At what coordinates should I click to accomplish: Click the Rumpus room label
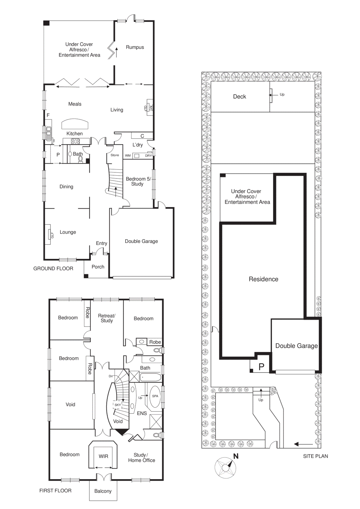coord(135,47)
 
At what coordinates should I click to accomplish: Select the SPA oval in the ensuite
coord(155,396)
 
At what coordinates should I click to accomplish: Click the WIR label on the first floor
coord(103,456)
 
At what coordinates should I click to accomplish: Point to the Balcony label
coord(103,491)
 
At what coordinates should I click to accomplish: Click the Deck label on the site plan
coord(239,97)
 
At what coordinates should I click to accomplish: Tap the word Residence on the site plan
coord(263,279)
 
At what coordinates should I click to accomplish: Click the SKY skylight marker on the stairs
coord(118,405)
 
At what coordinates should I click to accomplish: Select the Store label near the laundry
coord(115,155)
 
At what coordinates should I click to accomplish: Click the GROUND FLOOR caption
coord(53,268)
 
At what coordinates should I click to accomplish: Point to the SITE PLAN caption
coord(315,456)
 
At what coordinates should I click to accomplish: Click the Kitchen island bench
coord(75,124)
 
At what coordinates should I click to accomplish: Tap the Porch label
coord(98,267)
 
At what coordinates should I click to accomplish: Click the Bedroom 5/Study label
coord(138,181)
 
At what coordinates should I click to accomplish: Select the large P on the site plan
coord(261,367)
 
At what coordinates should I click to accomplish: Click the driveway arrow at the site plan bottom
coord(303,444)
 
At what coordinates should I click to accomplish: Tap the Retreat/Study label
coord(107,318)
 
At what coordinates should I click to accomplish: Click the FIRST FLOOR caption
coord(55,491)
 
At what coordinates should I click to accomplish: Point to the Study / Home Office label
coord(142,457)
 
